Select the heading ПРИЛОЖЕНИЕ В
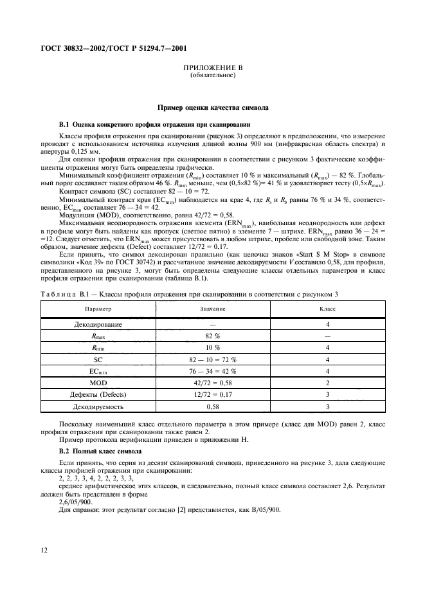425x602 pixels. click(213, 68)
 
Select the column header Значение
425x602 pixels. click(213, 309)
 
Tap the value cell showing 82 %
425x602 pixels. click(213, 336)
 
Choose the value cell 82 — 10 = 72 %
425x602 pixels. click(213, 360)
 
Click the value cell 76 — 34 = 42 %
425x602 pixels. click(213, 372)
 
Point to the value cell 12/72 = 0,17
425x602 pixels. click(213, 395)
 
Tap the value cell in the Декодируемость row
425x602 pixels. click(213, 407)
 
